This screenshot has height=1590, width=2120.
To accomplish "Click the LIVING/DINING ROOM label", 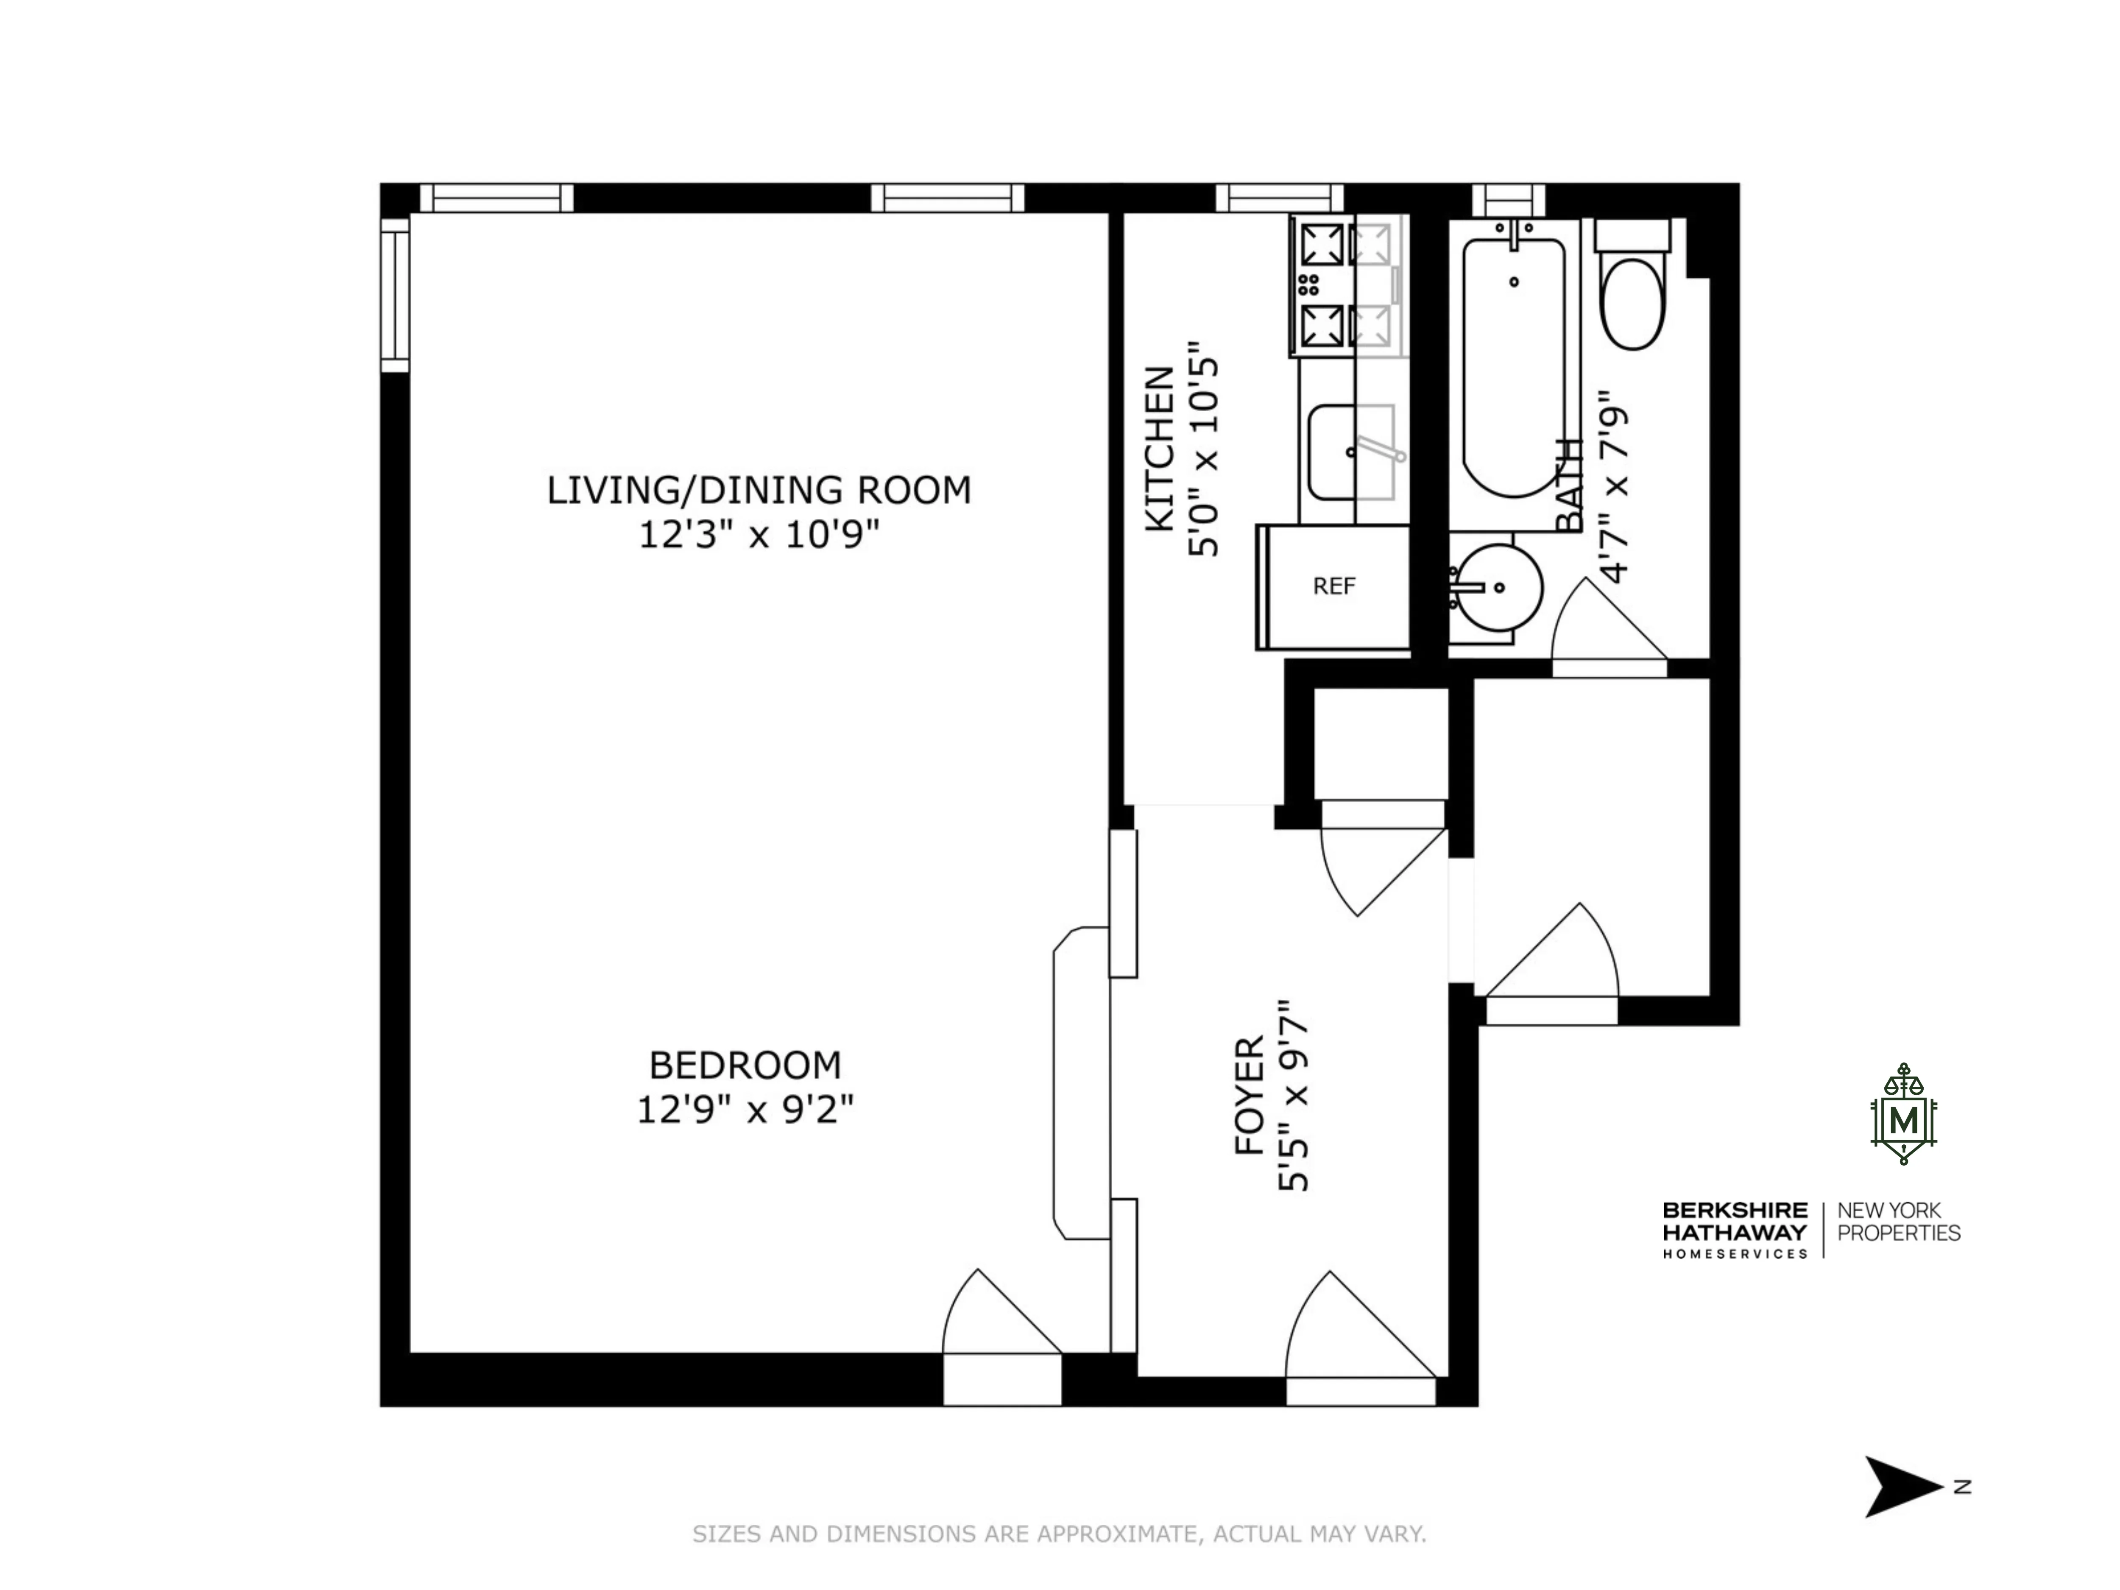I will pyautogui.click(x=758, y=490).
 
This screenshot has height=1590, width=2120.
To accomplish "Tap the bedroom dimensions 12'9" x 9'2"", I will pyautogui.click(x=745, y=1110).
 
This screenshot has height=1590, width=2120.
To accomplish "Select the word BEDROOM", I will pyautogui.click(x=745, y=1065).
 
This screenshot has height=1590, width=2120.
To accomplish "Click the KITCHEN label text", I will pyautogui.click(x=1160, y=448).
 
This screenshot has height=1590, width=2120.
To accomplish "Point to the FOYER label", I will pyautogui.click(x=1249, y=1096).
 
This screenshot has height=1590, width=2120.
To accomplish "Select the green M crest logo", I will pyautogui.click(x=1903, y=1115).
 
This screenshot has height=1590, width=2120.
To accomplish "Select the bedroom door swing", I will pyautogui.click(x=997, y=1315).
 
